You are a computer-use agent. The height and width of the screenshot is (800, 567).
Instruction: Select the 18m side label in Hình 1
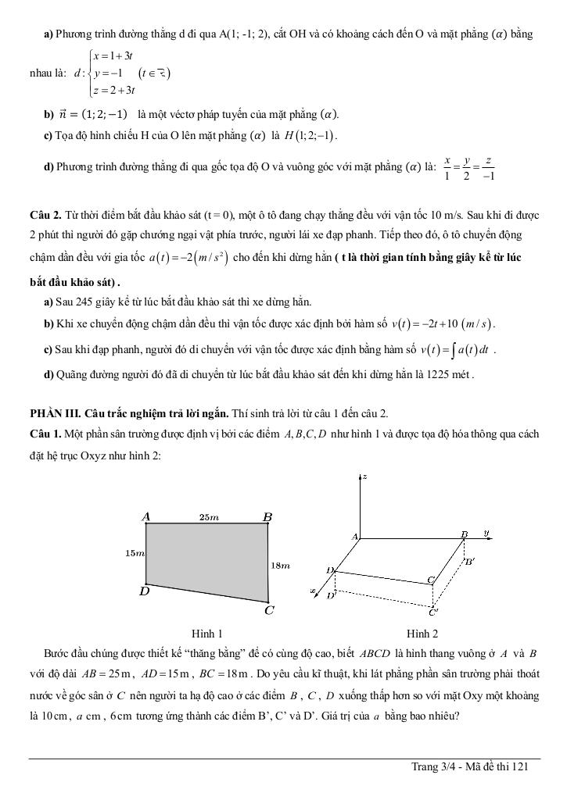tap(281, 565)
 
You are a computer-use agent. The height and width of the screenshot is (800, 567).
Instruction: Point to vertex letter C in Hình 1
tap(268, 610)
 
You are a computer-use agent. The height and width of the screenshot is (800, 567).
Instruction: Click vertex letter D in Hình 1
tap(144, 591)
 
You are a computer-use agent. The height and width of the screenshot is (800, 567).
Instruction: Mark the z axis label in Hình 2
tap(366, 476)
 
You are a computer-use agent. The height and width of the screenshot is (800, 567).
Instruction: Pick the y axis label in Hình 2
tap(486, 533)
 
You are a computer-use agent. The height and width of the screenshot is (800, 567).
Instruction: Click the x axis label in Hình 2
tap(314, 591)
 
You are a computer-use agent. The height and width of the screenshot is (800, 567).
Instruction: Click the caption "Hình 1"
tap(207, 634)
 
